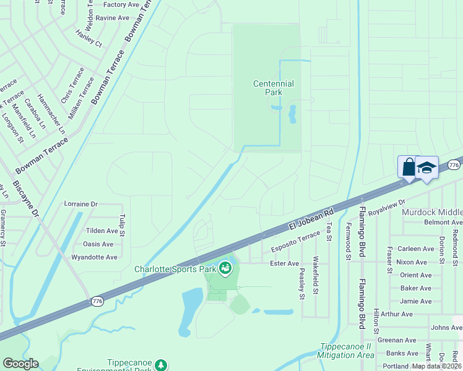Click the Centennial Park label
[273, 88]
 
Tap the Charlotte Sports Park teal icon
[225, 268]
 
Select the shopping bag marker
[409, 167]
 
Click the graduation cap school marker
[426, 168]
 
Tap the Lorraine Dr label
[81, 203]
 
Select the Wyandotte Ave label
[94, 257]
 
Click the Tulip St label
[122, 226]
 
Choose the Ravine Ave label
[112, 18]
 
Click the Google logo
[20, 364]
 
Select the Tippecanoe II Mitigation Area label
[345, 351]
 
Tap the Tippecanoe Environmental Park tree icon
[161, 365]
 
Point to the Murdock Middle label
[432, 212]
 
